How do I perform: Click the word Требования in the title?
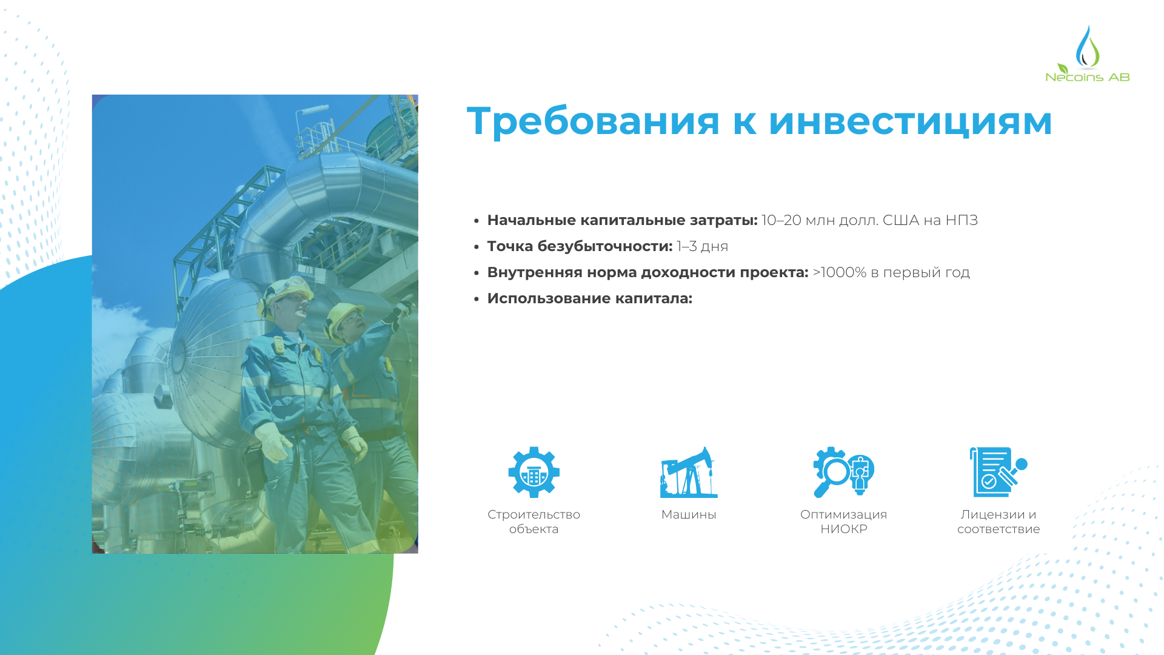[594, 121]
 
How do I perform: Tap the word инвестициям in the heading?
[910, 121]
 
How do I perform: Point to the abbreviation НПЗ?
[962, 220]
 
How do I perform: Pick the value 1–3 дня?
[703, 246]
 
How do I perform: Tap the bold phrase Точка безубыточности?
[580, 246]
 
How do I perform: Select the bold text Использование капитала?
[590, 298]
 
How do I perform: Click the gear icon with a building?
[534, 472]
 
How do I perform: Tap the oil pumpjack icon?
[689, 472]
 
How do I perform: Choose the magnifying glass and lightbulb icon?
[843, 472]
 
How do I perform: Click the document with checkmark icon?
[998, 472]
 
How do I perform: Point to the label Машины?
[689, 514]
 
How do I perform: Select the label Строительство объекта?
[534, 522]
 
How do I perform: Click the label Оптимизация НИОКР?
[844, 522]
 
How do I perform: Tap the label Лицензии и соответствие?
[998, 522]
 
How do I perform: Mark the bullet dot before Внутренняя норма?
[477, 273]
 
